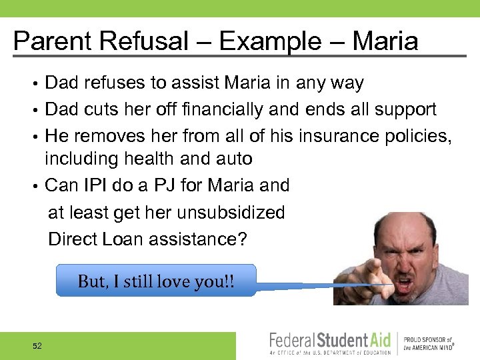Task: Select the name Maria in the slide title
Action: point(385,41)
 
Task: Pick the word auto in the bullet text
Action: point(234,159)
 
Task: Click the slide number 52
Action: point(37,345)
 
